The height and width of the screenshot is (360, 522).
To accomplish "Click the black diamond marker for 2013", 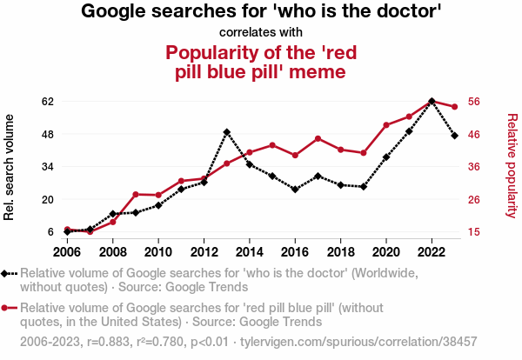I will (x=226, y=132).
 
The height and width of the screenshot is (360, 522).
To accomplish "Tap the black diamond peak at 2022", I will (x=432, y=101).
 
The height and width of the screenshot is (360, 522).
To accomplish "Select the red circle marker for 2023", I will (x=454, y=107).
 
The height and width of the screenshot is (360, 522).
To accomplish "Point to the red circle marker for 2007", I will (x=90, y=231).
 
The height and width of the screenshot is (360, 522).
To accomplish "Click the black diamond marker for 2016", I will (x=295, y=189).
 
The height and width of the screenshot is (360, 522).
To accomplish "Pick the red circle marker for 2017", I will (x=318, y=139).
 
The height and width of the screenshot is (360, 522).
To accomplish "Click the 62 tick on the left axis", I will (x=48, y=101).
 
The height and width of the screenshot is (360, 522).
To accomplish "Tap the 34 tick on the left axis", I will (x=48, y=166).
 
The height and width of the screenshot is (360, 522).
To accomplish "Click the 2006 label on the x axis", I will (x=67, y=252).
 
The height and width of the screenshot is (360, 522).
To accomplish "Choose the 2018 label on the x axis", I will (x=340, y=252).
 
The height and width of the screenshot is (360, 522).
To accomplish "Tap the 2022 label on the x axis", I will (x=432, y=252).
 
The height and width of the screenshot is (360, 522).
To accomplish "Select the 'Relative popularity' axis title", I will (x=512, y=166).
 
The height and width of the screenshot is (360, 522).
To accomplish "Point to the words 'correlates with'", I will (x=261, y=33).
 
